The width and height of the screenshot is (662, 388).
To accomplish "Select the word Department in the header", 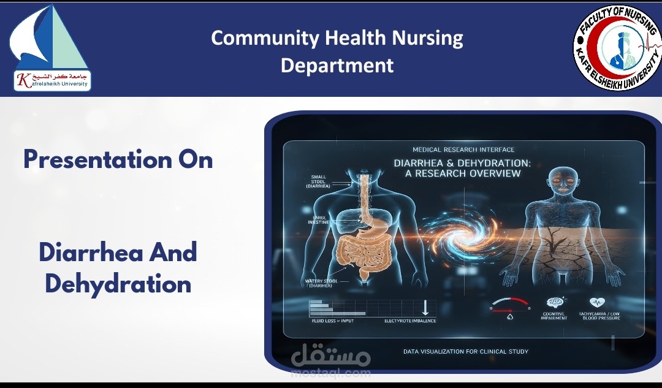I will [337, 65].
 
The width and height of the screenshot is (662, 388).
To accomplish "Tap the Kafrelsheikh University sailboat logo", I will [50, 48].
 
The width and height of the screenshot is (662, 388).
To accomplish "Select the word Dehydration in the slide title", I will [118, 284].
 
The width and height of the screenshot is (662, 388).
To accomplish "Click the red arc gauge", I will [511, 302].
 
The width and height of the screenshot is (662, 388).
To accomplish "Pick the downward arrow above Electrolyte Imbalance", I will [424, 307].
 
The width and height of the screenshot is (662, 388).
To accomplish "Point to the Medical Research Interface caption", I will [463, 150].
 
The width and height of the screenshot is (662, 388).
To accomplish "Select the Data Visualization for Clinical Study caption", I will [465, 351].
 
